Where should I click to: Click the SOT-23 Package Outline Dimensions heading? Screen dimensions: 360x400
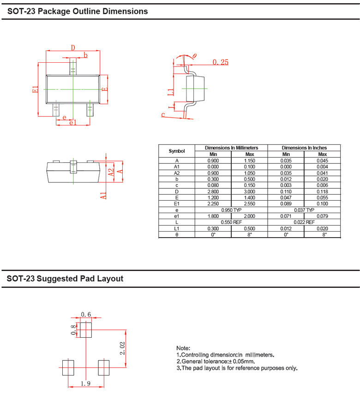point(78,12)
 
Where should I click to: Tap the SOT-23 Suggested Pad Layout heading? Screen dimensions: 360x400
point(65,279)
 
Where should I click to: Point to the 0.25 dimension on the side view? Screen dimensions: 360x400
point(221,62)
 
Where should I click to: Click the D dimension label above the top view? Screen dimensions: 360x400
point(73,48)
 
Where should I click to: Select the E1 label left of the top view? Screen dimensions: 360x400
point(36,90)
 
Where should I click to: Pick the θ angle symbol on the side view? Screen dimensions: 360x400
point(195,56)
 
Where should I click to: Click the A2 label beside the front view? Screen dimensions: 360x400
point(111,172)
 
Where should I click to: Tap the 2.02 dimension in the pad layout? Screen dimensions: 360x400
point(122,348)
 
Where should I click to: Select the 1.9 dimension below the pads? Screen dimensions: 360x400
point(85,383)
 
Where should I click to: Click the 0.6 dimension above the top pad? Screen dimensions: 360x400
point(86,314)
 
